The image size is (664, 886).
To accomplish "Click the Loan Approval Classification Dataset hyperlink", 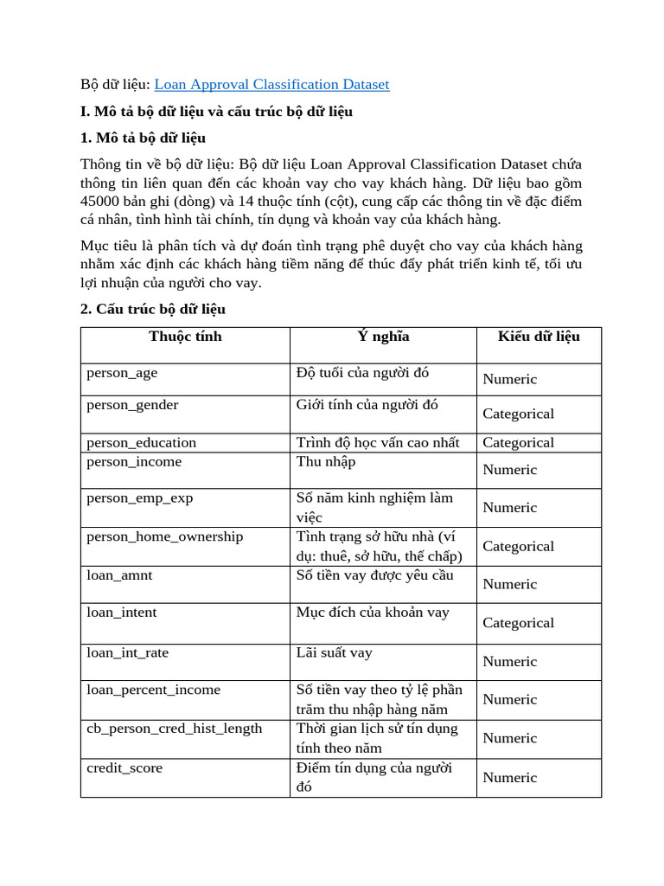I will click(271, 85).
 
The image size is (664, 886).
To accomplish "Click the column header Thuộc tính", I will click(185, 337).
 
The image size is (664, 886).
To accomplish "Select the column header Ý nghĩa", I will click(383, 337).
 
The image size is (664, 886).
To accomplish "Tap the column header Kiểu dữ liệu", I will click(538, 337).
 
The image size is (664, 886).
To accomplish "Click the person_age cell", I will click(122, 374).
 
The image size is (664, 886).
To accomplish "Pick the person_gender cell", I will click(132, 405).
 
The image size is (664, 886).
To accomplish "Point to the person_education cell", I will click(141, 443).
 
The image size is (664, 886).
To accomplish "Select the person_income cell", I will click(134, 462).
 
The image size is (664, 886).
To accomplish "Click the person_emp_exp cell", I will click(140, 498).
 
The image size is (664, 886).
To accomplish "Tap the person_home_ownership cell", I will click(164, 536).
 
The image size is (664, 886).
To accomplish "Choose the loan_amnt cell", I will click(119, 575).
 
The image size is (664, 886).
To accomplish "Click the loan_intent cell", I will click(122, 613).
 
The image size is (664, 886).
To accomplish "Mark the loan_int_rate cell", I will click(127, 653).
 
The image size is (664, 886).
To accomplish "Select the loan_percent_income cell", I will click(153, 690).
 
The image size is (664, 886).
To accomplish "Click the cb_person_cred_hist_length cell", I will click(174, 729).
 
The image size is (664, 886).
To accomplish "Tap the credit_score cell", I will click(124, 768).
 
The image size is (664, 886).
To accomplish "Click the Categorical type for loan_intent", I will click(518, 623).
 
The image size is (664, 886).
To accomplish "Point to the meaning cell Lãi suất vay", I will click(334, 653).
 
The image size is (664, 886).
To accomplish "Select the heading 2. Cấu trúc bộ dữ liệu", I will click(153, 310).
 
